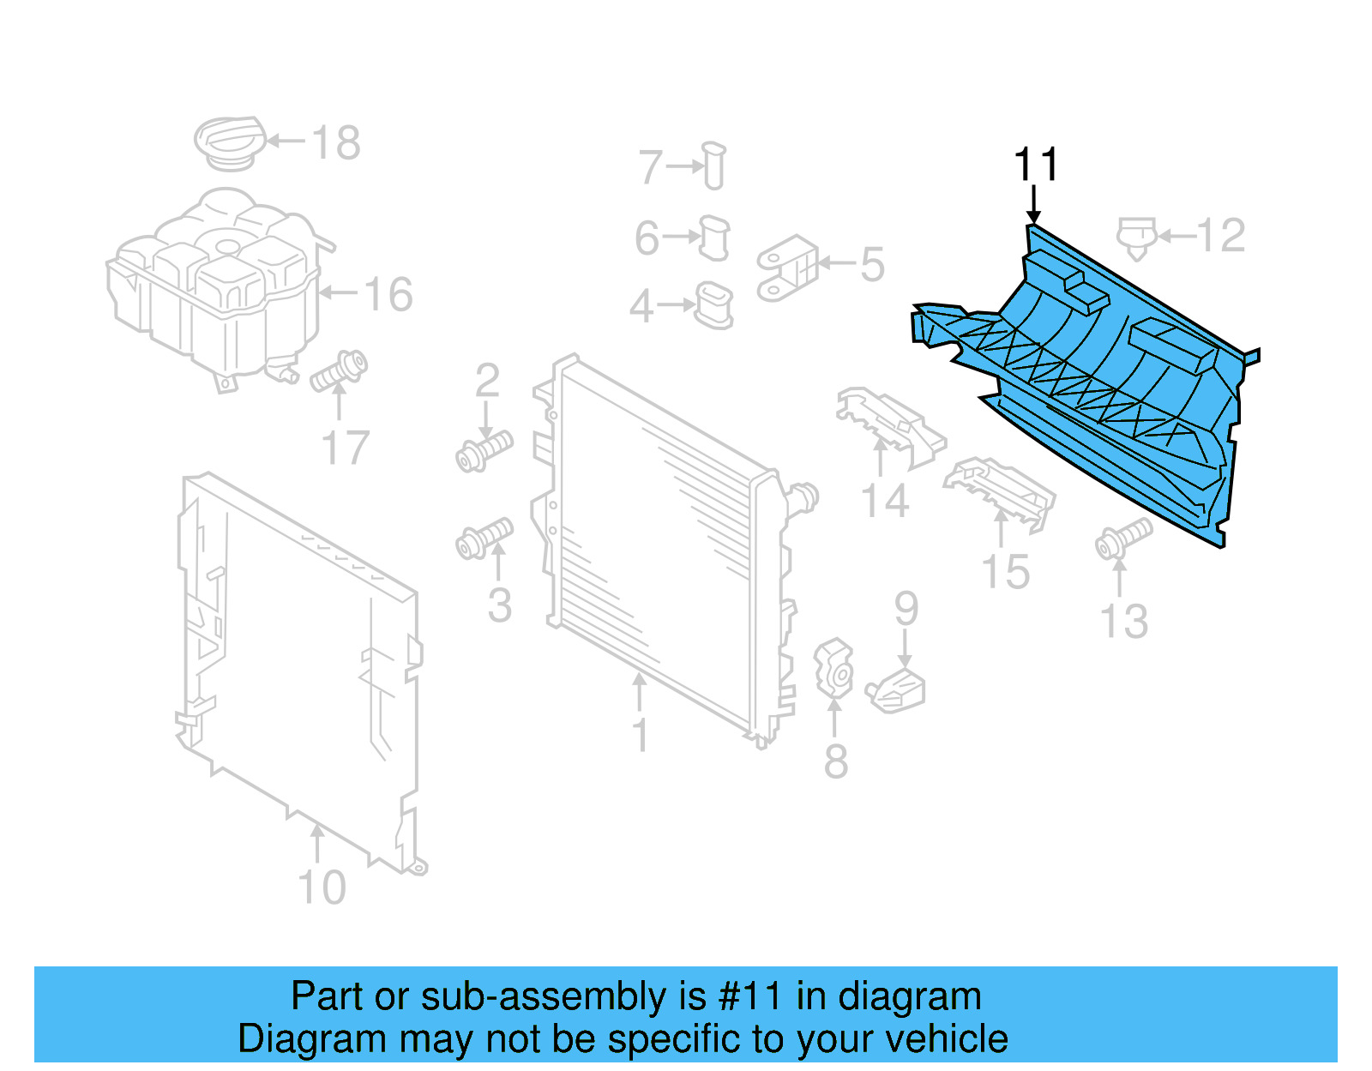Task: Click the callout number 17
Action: click(345, 448)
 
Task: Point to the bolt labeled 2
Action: click(484, 449)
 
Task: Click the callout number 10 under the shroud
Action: click(322, 887)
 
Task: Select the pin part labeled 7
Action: click(713, 165)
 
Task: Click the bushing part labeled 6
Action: click(714, 238)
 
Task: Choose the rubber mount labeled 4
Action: click(713, 305)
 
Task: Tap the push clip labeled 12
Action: click(1136, 236)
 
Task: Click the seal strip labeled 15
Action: click(999, 489)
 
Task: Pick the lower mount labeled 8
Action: click(833, 668)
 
